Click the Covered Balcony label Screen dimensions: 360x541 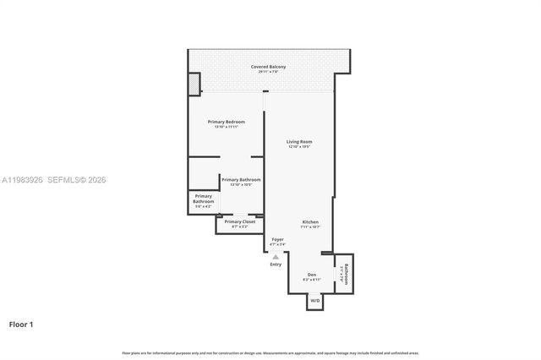pyautogui.click(x=268, y=67)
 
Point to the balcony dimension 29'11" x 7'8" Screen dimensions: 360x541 pyautogui.click(x=268, y=72)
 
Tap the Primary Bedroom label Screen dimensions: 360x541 pyautogui.click(x=226, y=122)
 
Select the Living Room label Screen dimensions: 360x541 pyautogui.click(x=299, y=141)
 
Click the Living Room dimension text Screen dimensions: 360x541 pyautogui.click(x=299, y=146)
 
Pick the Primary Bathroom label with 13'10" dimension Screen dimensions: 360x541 pyautogui.click(x=241, y=179)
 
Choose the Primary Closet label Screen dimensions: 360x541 pyautogui.click(x=240, y=221)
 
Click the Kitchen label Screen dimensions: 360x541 pyautogui.click(x=310, y=222)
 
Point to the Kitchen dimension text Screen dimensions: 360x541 pyautogui.click(x=310, y=227)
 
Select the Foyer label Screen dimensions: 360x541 pyautogui.click(x=277, y=240)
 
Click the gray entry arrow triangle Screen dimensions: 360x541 pyautogui.click(x=275, y=256)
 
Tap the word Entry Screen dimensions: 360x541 pyautogui.click(x=276, y=265)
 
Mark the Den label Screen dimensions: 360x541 pyautogui.click(x=311, y=275)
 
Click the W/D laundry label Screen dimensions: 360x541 pyautogui.click(x=314, y=300)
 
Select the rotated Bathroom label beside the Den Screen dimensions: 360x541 pyautogui.click(x=345, y=273)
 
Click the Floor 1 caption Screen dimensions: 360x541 pyautogui.click(x=21, y=324)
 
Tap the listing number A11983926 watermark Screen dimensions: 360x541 pyautogui.click(x=24, y=179)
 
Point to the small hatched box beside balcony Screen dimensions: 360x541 pyautogui.click(x=194, y=84)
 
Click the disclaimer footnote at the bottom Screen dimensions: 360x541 pyautogui.click(x=270, y=352)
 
